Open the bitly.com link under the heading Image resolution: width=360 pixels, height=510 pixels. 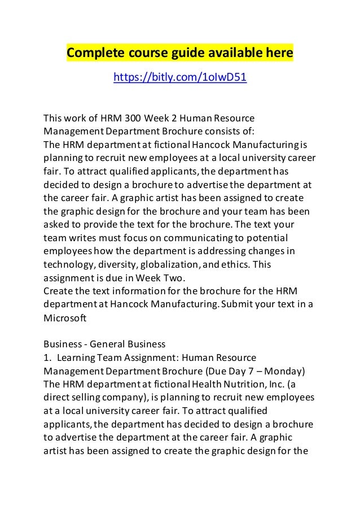(180, 77)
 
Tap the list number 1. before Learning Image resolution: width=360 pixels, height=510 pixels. (47, 358)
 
